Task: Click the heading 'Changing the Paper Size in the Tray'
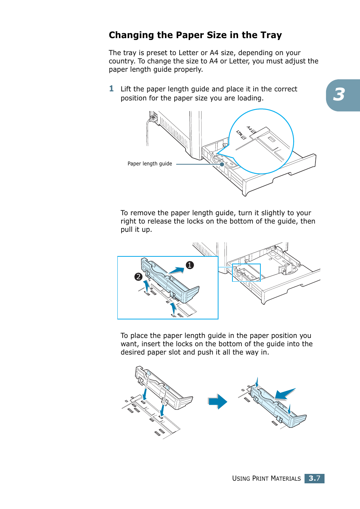195,35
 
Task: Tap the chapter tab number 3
339,95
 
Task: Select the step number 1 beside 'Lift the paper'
111,89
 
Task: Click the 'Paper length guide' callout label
149,164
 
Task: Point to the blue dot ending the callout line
222,164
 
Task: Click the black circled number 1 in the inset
190,265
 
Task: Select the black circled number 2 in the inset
138,277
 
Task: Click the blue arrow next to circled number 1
177,270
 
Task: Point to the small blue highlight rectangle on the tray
246,272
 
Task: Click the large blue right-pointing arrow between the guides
218,401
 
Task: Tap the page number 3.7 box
314,478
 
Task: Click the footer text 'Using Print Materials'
266,478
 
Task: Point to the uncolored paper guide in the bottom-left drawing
164,389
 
